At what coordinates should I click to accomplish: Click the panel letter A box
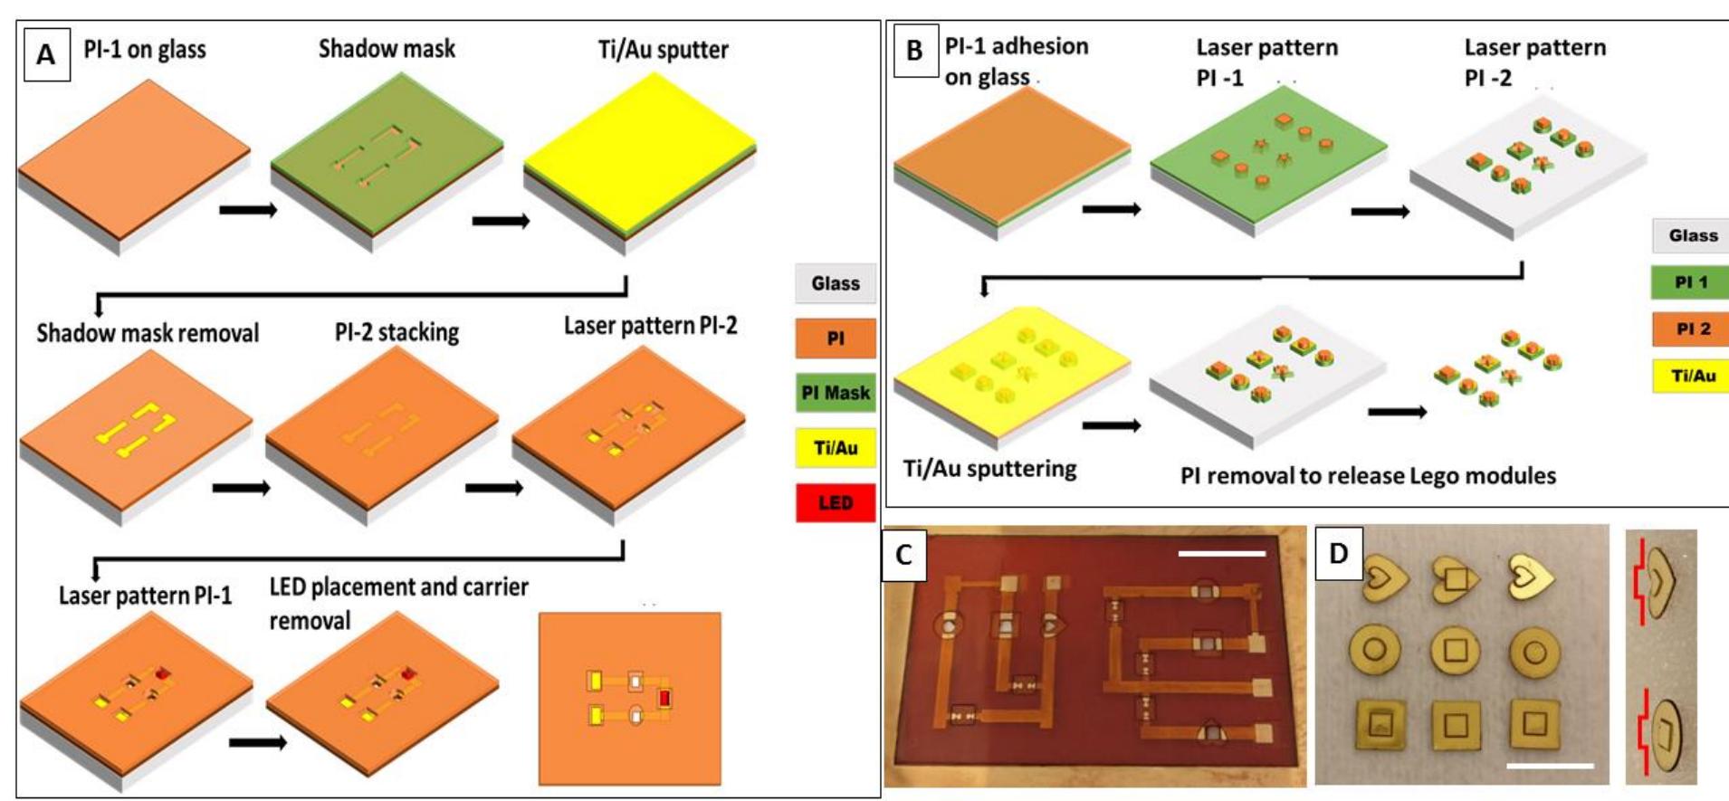[x=46, y=55]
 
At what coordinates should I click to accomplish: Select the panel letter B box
[x=914, y=50]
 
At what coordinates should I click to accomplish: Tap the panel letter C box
[x=903, y=554]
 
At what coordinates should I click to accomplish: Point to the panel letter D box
[x=1339, y=552]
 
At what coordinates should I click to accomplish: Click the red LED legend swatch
[x=836, y=502]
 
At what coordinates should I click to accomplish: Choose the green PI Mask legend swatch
[x=836, y=393]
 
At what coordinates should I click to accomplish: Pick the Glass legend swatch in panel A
[x=836, y=283]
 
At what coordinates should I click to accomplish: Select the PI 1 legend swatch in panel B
[x=1690, y=281]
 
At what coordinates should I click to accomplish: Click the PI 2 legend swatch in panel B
[x=1690, y=329]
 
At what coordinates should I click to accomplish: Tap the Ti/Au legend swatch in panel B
[x=1690, y=376]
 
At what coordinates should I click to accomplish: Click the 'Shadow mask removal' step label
[x=148, y=333]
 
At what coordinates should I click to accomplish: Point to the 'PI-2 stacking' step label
[x=396, y=332]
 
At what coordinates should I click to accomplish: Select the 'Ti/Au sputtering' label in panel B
[x=990, y=469]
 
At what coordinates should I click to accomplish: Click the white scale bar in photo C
[x=1222, y=552]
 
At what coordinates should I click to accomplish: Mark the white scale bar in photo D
[x=1550, y=766]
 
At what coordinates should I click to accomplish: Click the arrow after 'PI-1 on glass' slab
[x=248, y=210]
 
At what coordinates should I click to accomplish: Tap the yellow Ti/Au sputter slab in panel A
[x=639, y=154]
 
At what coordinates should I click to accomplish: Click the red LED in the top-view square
[x=665, y=698]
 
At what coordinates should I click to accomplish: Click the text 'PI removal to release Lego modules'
[x=1368, y=475]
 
